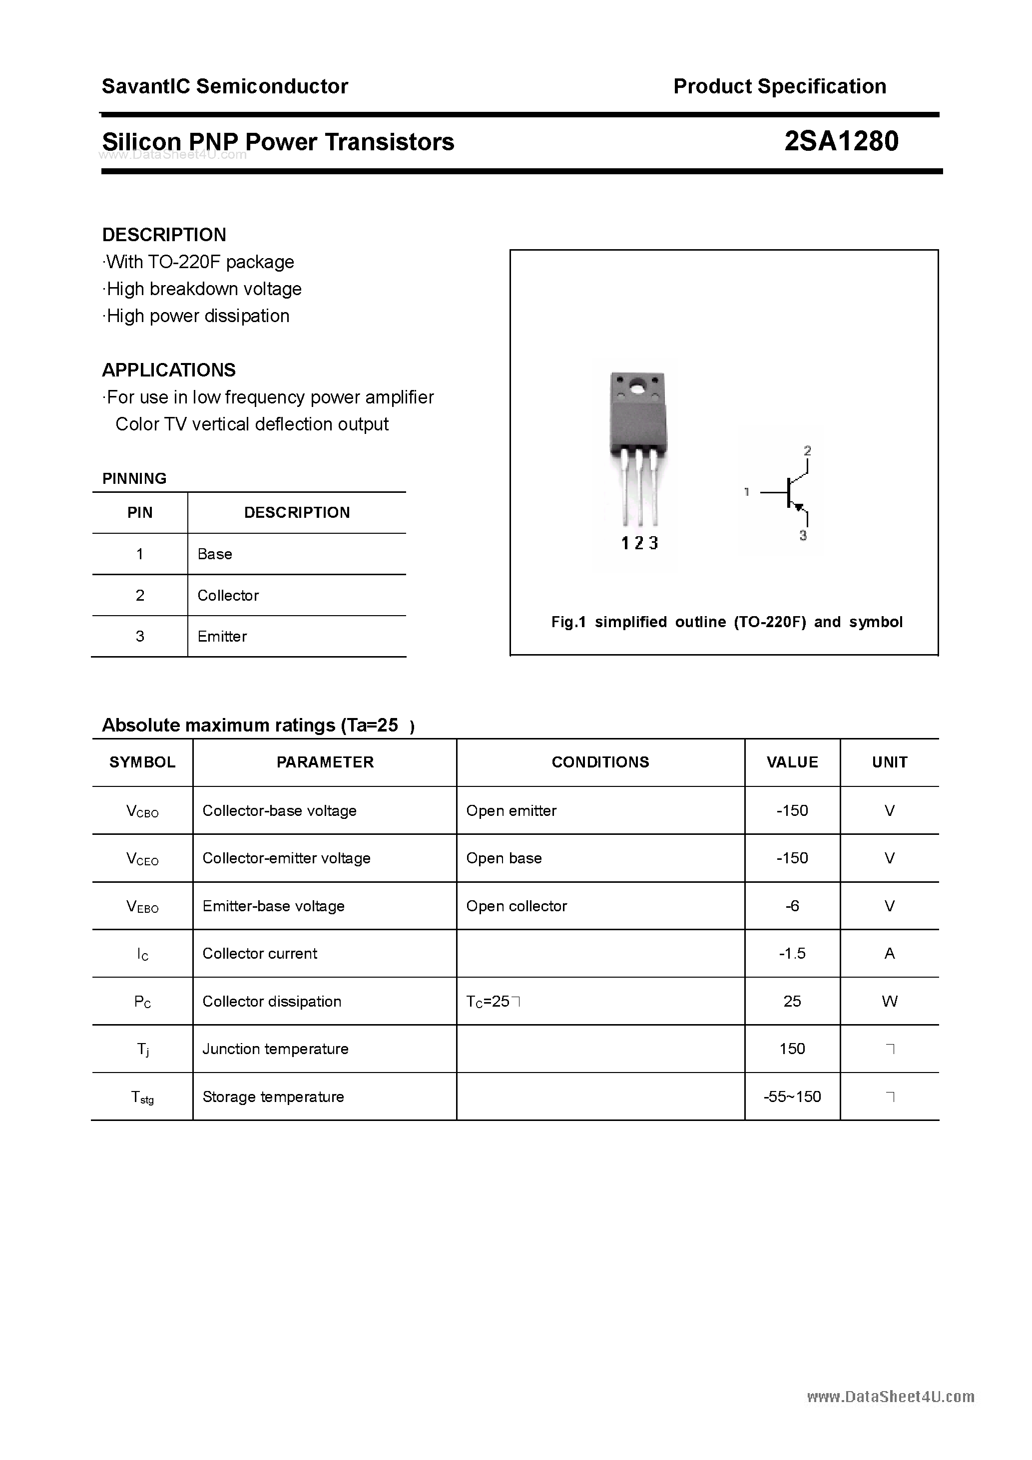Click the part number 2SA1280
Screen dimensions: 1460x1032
pyautogui.click(x=841, y=141)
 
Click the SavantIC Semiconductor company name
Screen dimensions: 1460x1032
pyautogui.click(x=225, y=86)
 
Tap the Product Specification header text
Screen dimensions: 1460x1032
pyautogui.click(x=779, y=86)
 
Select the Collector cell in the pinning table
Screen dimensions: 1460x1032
pyautogui.click(x=228, y=595)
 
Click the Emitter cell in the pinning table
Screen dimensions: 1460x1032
pyautogui.click(x=222, y=637)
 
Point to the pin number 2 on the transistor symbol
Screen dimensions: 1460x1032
pyautogui.click(x=807, y=451)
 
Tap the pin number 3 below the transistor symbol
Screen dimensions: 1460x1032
pyautogui.click(x=803, y=535)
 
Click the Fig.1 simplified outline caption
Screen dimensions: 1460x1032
pyautogui.click(x=727, y=622)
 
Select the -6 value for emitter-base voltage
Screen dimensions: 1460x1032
pyautogui.click(x=792, y=905)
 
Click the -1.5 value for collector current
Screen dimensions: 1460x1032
pyautogui.click(x=792, y=953)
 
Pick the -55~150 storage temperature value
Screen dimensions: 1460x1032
pyautogui.click(x=792, y=1096)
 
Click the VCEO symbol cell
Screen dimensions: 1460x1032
pyautogui.click(x=142, y=858)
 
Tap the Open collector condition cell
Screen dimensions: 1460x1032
pyautogui.click(x=516, y=905)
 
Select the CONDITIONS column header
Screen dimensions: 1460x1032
pyautogui.click(x=600, y=762)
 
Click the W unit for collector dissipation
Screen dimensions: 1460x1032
pyautogui.click(x=890, y=1001)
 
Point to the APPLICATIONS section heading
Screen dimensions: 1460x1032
pyautogui.click(x=169, y=370)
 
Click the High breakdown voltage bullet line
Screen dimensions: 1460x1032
pyautogui.click(x=202, y=289)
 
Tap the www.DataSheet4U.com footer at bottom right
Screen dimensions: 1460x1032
pyautogui.click(x=890, y=1397)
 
